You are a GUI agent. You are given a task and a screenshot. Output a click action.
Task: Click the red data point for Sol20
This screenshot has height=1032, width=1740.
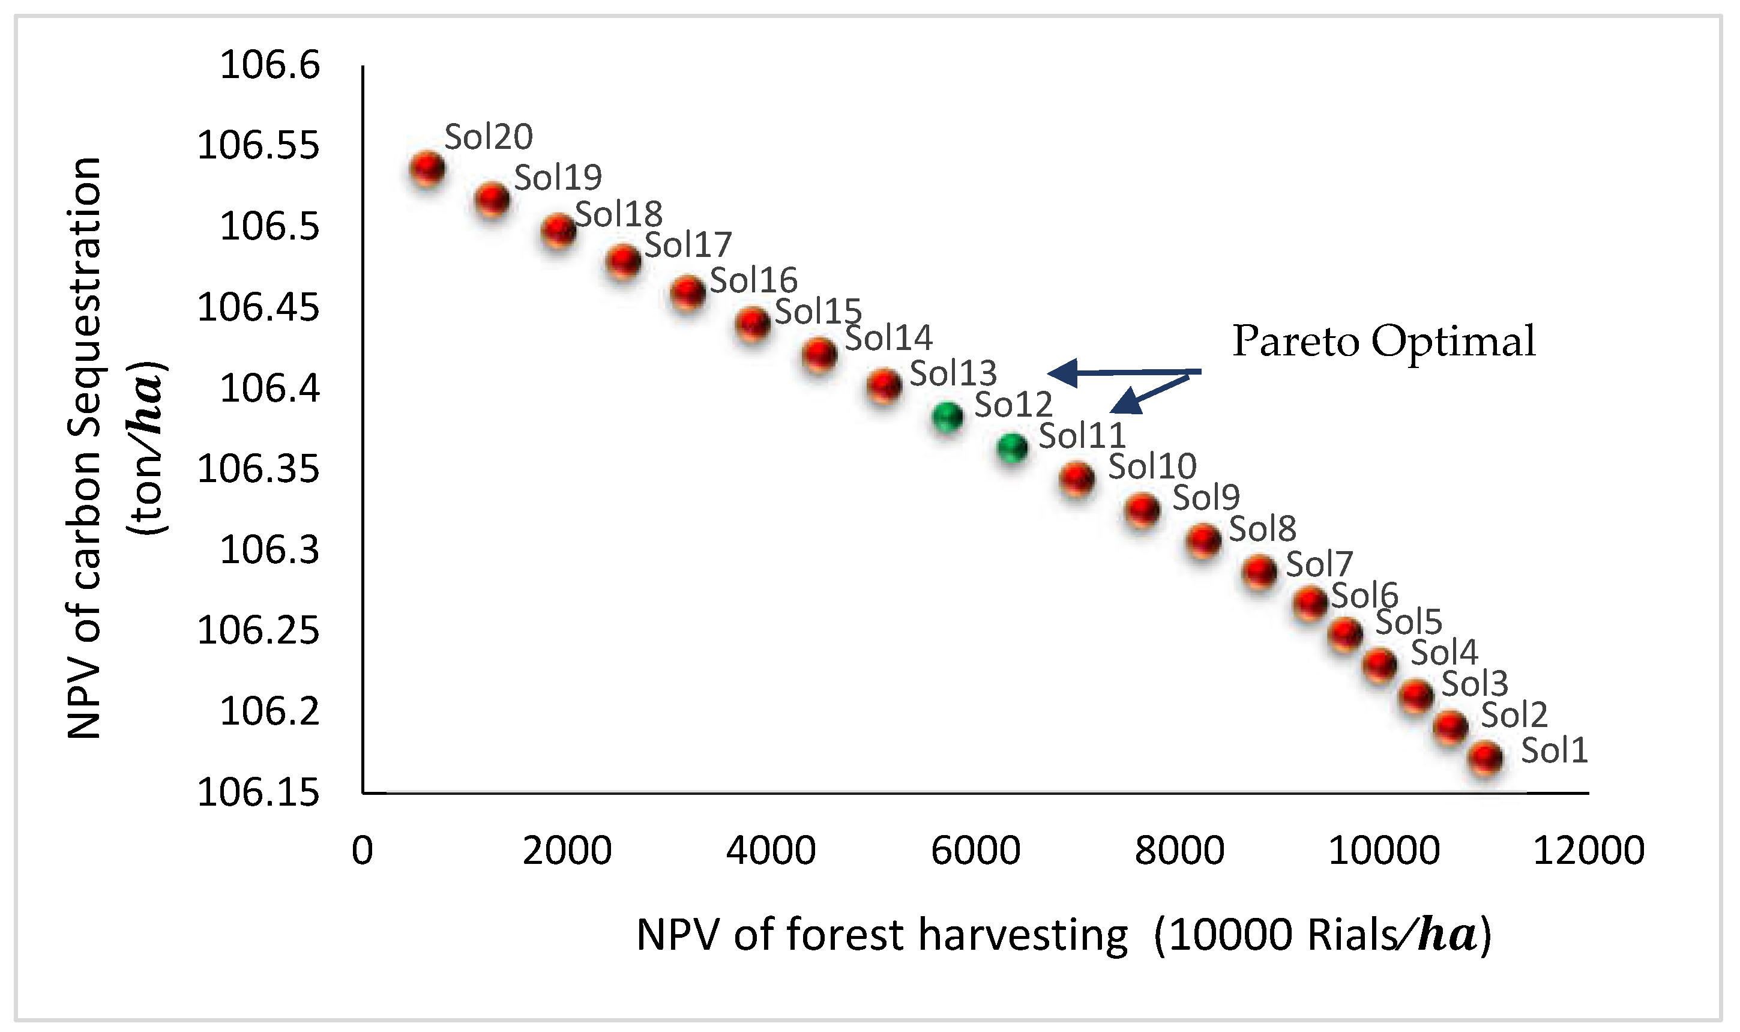[427, 168]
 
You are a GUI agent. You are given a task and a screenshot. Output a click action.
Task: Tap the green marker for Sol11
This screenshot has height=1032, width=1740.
[1012, 447]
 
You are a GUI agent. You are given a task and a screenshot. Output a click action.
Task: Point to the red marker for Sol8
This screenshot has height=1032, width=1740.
[1203, 540]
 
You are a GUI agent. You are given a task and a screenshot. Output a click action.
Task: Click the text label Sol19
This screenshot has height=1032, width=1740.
[558, 178]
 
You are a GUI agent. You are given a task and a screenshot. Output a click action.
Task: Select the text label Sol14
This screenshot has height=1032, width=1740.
[888, 339]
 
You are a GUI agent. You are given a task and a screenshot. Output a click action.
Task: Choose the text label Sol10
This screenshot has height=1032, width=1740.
[1152, 466]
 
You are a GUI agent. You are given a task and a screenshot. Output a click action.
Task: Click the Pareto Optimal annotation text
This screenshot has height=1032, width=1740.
[1383, 342]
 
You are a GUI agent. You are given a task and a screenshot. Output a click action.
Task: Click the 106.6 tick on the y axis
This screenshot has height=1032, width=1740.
[269, 65]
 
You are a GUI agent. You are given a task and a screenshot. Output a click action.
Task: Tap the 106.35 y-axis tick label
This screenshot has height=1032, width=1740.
[259, 469]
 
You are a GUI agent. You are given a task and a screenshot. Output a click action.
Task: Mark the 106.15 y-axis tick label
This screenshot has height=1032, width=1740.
[259, 793]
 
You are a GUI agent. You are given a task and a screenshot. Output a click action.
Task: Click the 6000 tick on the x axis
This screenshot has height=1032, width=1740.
[975, 851]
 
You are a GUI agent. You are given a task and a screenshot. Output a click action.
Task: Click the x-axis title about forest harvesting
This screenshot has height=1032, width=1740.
[1064, 935]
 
